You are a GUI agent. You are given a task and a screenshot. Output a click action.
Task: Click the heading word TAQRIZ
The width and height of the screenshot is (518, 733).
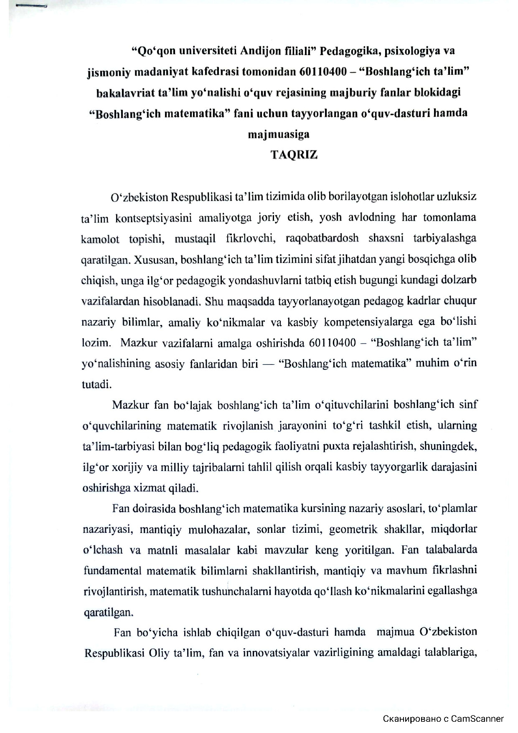coord(294,155)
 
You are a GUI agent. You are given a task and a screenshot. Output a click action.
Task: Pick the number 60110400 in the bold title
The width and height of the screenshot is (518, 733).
coord(323,72)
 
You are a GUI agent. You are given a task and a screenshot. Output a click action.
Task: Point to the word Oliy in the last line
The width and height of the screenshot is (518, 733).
coord(158,653)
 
